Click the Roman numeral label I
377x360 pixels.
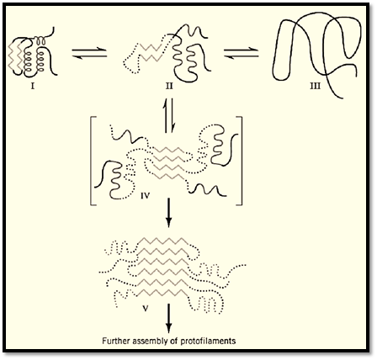(33, 87)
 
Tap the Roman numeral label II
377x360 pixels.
(169, 87)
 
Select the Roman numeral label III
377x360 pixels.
(315, 87)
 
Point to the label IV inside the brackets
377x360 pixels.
(145, 195)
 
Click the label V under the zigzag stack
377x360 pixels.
(146, 309)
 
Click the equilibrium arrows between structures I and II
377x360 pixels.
(89, 53)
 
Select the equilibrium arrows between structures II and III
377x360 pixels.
(242, 53)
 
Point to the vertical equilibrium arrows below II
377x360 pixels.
(169, 115)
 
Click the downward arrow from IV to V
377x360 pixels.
(168, 213)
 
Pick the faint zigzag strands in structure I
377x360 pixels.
(14, 56)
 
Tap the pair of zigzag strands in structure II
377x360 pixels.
(151, 52)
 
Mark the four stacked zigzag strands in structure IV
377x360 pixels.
(169, 162)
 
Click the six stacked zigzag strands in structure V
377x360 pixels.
(163, 267)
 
